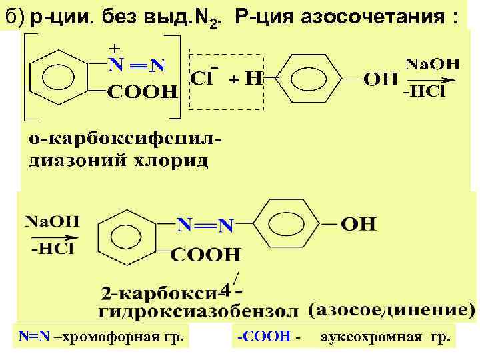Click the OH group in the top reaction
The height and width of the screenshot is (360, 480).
pyautogui.click(x=381, y=79)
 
